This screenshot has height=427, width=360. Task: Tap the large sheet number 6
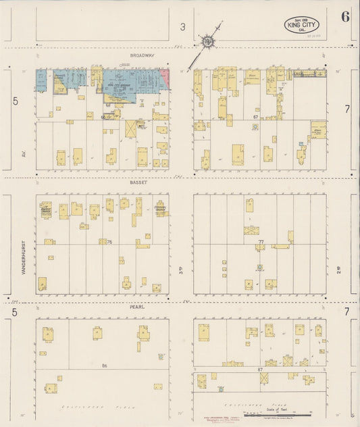point(345,18)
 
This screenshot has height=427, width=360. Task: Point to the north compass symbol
point(209,41)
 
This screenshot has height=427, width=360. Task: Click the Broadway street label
point(143,56)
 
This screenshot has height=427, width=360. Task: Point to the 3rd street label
point(181,272)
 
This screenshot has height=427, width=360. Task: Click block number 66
point(103,118)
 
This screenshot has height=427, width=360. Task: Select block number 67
point(256,118)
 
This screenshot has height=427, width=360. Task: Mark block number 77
point(260,241)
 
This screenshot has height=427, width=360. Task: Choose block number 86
point(104,366)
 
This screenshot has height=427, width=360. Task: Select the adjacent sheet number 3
point(182,27)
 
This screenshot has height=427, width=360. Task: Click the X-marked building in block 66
point(130,128)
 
